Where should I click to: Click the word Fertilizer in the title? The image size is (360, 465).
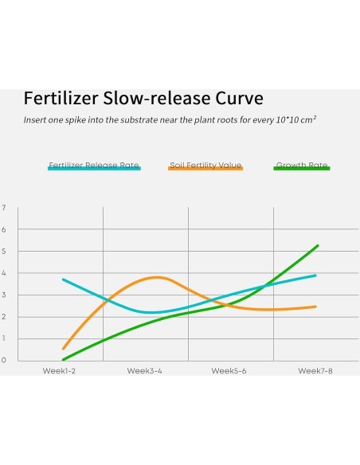coord(57,99)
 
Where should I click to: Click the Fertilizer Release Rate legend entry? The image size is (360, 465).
coord(94,166)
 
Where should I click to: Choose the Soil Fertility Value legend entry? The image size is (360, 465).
coord(205,166)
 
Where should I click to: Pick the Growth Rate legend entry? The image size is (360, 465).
coord(301,166)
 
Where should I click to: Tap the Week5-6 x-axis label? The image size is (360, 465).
coord(230,371)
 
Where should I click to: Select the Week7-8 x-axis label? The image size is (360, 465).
coord(316,371)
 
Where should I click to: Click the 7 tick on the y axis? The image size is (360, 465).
coord(4,208)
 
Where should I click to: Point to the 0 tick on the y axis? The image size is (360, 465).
coord(4,360)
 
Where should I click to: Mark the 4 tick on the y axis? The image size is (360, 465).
coord(4,273)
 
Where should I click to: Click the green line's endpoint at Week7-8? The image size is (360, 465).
coord(318,245)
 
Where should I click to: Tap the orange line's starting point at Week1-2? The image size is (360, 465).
coord(63,349)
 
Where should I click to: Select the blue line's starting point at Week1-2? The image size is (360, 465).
coord(63,279)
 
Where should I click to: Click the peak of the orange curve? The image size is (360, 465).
coord(157,277)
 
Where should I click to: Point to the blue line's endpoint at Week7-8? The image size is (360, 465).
coord(316,275)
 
